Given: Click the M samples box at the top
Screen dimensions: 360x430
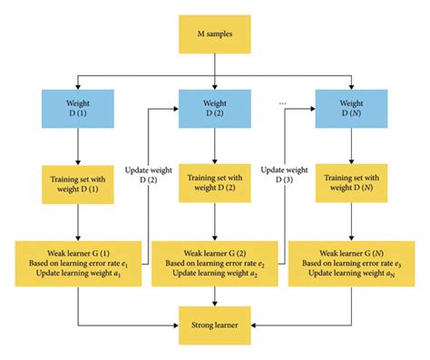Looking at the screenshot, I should [214, 34].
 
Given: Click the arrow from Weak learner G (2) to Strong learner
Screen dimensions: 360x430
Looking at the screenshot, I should [214, 296].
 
